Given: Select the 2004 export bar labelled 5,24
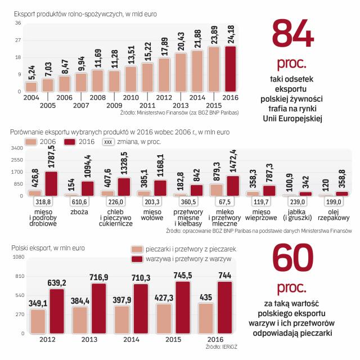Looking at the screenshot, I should [x=31, y=87].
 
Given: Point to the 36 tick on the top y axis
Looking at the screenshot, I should [x=18, y=23].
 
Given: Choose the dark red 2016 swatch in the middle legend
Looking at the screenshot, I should [x=70, y=142].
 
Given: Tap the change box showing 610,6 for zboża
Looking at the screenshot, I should [x=78, y=202].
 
